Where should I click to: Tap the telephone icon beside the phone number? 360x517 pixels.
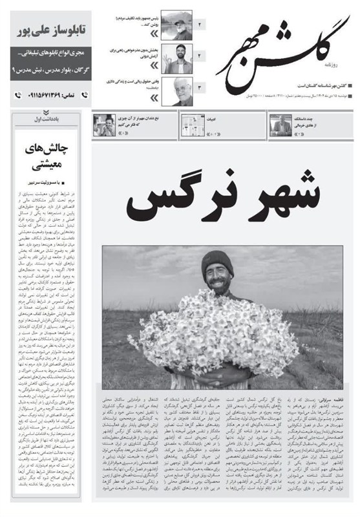tap(19, 95)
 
